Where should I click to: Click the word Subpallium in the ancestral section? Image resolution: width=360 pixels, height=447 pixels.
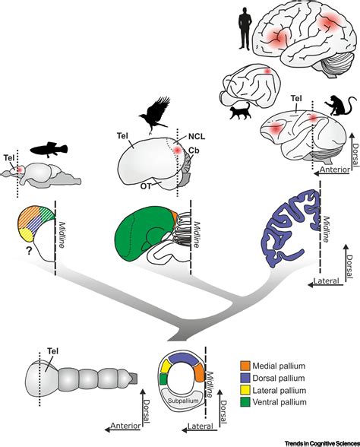pyautogui.click(x=183, y=395)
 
